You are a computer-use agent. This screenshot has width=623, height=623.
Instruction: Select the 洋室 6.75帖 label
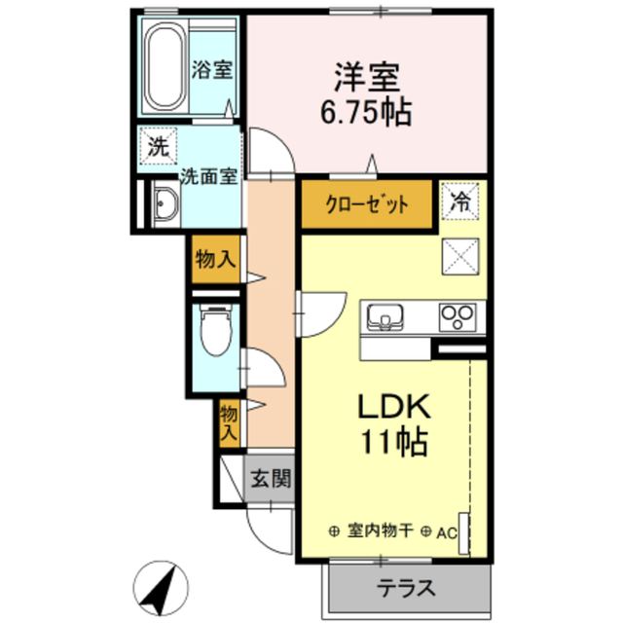click(366, 92)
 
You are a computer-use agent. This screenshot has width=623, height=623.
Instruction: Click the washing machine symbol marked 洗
click(157, 148)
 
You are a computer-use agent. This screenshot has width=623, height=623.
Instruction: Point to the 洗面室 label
click(208, 177)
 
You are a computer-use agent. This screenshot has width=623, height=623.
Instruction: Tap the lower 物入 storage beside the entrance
click(228, 421)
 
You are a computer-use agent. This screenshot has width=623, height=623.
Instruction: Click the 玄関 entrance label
click(271, 478)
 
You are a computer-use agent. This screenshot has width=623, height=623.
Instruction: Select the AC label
click(446, 532)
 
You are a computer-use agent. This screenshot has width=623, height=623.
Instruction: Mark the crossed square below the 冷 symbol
click(459, 256)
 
